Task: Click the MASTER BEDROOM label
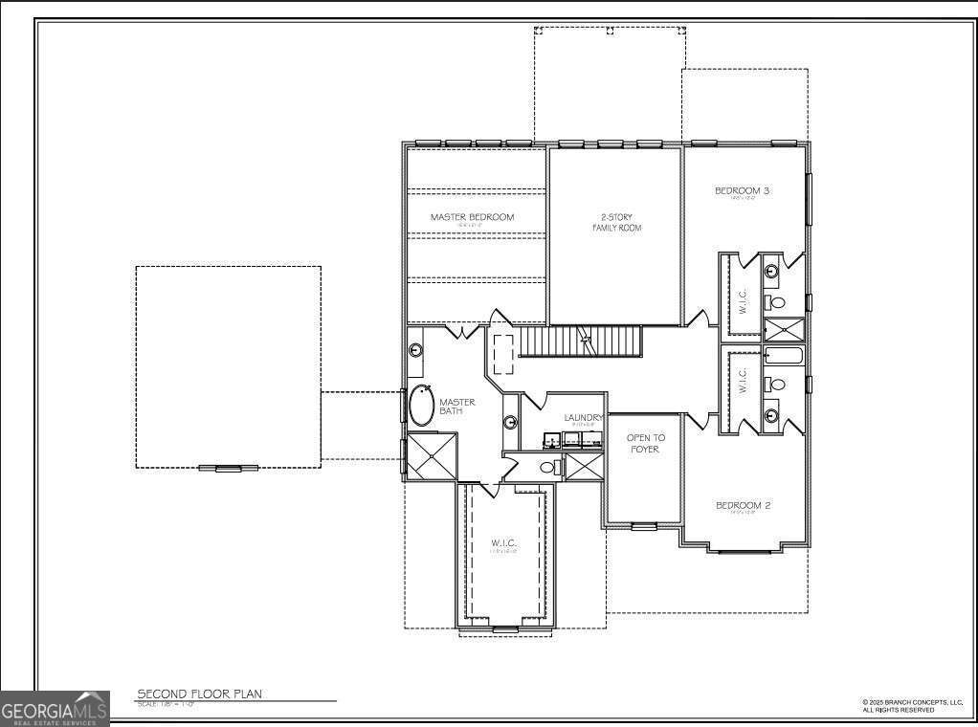click(x=472, y=217)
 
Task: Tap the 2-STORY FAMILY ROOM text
click(x=614, y=223)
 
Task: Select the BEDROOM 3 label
click(x=743, y=191)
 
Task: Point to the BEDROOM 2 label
click(x=743, y=505)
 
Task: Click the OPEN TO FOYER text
click(x=645, y=443)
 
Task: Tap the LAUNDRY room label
click(x=583, y=418)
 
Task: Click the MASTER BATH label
click(x=456, y=407)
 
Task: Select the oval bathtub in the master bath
click(x=421, y=406)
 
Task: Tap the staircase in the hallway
click(x=579, y=341)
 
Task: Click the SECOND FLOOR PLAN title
click(x=199, y=694)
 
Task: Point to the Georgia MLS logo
click(x=55, y=709)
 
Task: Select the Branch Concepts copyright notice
click(x=911, y=706)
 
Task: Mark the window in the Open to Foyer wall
click(x=643, y=526)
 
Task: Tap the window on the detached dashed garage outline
click(x=228, y=468)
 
